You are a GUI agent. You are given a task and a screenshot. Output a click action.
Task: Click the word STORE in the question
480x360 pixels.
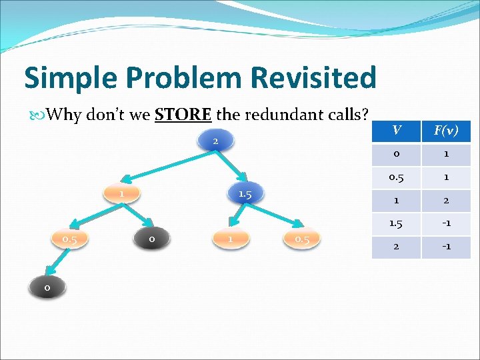pyautogui.click(x=183, y=115)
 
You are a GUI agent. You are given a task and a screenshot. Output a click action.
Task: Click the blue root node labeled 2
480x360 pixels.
pyautogui.click(x=215, y=142)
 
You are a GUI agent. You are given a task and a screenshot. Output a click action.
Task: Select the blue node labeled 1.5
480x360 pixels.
pyautogui.click(x=245, y=194)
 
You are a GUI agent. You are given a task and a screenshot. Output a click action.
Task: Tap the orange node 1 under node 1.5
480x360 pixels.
pyautogui.click(x=230, y=238)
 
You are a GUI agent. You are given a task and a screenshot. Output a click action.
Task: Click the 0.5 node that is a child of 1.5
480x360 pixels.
pyautogui.click(x=302, y=239)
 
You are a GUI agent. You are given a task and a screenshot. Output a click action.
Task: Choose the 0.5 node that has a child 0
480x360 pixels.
pyautogui.click(x=71, y=239)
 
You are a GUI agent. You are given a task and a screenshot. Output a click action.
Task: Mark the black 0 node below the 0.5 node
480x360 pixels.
pyautogui.click(x=47, y=287)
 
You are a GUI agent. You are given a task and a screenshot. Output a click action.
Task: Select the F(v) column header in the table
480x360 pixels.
pyautogui.click(x=446, y=131)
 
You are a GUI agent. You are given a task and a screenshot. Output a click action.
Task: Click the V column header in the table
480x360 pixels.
pyautogui.click(x=396, y=131)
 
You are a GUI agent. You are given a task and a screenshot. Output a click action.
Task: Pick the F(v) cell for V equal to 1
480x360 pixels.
pyautogui.click(x=446, y=201)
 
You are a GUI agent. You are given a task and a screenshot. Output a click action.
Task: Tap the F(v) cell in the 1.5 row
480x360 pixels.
pyautogui.click(x=446, y=223)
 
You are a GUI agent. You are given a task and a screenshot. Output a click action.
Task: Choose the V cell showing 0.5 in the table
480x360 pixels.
pyautogui.click(x=396, y=178)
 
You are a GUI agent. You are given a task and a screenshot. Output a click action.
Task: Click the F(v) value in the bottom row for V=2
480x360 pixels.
pyautogui.click(x=446, y=246)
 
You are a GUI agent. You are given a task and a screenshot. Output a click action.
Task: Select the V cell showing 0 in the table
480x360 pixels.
pyautogui.click(x=396, y=155)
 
